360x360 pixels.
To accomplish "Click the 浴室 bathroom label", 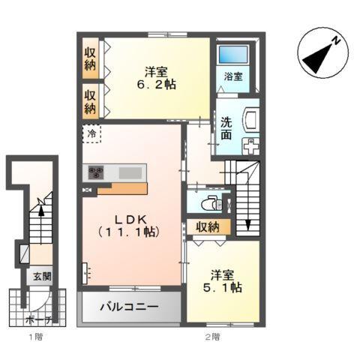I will (x=232, y=76).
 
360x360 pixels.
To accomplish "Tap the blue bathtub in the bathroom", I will (x=233, y=55).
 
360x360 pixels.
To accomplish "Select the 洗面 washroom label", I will (x=226, y=129).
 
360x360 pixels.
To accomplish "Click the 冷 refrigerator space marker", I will (x=91, y=134).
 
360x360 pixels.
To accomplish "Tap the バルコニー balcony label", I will (x=130, y=307).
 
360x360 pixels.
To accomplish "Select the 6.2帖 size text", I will (x=157, y=86).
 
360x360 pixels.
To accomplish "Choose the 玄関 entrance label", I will (x=40, y=275).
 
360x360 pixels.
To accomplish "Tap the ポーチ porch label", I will (x=41, y=319).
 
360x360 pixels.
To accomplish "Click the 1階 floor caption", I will (x=34, y=337).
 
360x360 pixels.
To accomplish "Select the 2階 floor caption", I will (x=208, y=337).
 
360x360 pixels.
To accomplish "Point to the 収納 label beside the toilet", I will (x=208, y=226).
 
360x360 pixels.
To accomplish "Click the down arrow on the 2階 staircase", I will (x=248, y=222).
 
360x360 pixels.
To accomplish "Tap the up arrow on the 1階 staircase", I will (x=42, y=212).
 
